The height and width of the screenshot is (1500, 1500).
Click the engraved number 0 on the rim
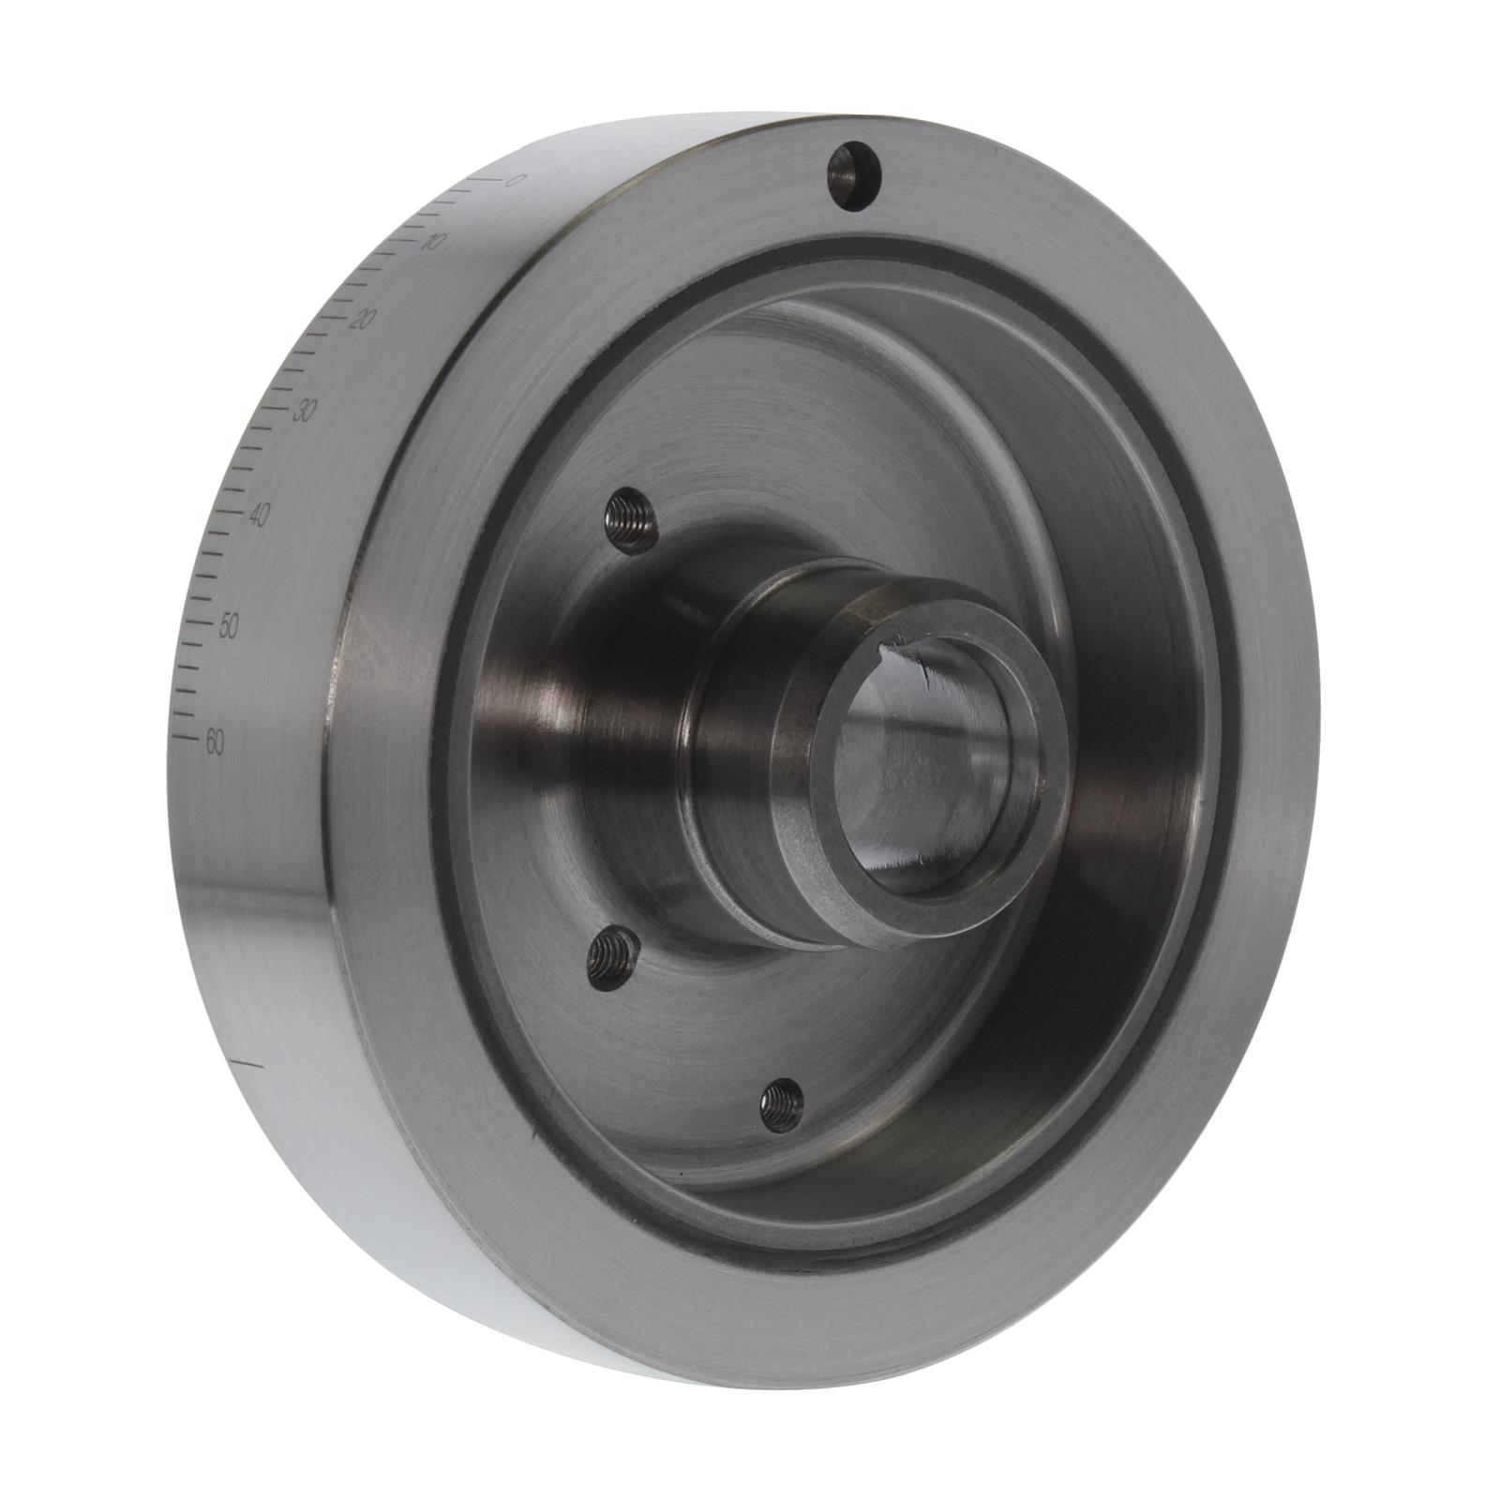point(512,181)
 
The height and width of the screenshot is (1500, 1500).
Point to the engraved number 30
point(303,411)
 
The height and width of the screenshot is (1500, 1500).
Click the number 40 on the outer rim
point(260,515)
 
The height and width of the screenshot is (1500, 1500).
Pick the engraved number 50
point(229,628)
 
